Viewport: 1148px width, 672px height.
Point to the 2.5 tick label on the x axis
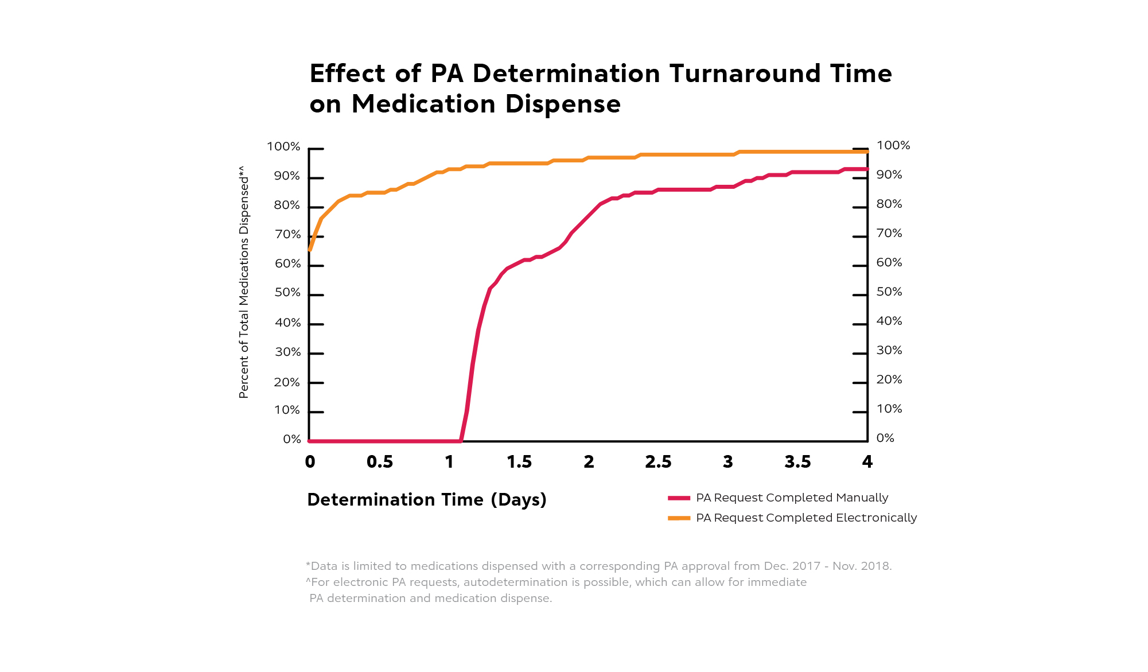[658, 463]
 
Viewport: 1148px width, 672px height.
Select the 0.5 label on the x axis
[379, 463]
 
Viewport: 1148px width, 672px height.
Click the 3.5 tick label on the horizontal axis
[797, 463]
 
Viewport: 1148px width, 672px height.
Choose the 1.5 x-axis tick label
[519, 463]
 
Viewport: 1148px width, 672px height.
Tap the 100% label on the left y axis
[283, 147]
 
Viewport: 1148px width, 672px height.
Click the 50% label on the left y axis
[287, 293]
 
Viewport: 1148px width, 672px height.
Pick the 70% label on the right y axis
[889, 234]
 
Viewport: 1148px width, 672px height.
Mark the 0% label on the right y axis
[885, 438]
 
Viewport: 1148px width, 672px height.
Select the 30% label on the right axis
[889, 351]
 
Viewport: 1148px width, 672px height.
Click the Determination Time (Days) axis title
[427, 500]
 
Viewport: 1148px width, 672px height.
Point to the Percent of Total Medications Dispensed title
[244, 282]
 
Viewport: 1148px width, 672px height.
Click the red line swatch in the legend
[679, 498]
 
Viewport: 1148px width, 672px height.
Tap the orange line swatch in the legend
[679, 518]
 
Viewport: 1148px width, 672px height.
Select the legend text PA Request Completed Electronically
[806, 518]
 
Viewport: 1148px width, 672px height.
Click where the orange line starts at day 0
[310, 250]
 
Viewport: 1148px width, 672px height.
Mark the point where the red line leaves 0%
[461, 441]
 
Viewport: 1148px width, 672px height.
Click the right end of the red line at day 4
[866, 169]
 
